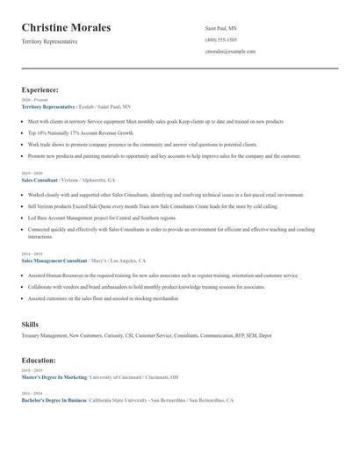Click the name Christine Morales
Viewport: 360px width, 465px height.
pos(66,28)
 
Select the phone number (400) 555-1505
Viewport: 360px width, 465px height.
pos(221,39)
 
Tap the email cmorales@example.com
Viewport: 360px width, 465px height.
pos(230,51)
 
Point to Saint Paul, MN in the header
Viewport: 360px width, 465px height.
pos(220,28)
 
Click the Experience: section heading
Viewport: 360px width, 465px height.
pos(40,89)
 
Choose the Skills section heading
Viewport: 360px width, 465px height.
pos(30,325)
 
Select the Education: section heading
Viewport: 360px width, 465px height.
pos(39,359)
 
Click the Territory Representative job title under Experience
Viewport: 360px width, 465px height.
pos(48,106)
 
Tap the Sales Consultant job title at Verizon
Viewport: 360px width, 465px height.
pos(40,180)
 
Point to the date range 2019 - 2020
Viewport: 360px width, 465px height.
pos(32,173)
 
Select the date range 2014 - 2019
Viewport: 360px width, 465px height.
pos(32,254)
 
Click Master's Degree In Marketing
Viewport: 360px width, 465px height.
pos(54,377)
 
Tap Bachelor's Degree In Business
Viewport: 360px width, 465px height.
pos(54,400)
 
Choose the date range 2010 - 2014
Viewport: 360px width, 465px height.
pos(32,393)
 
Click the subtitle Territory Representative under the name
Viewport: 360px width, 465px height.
pos(50,41)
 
